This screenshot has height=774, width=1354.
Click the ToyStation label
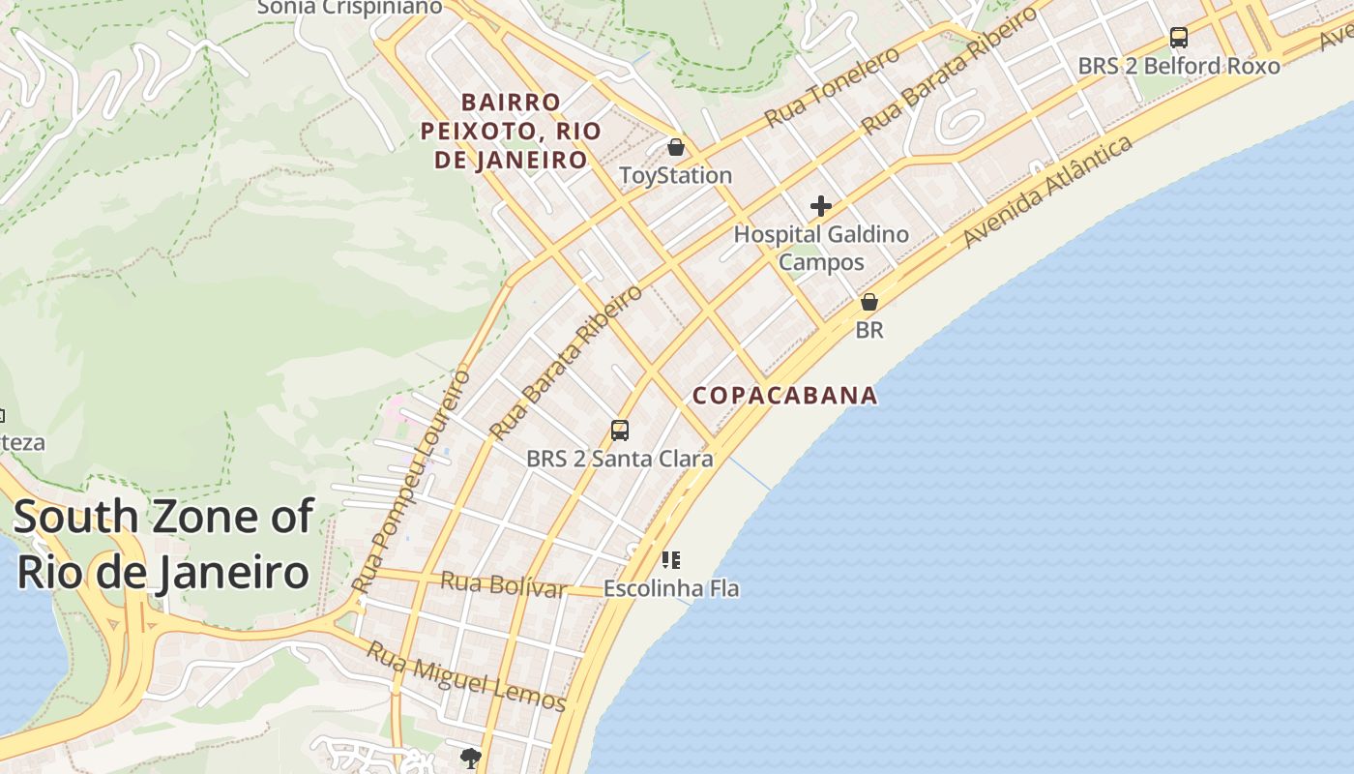675,175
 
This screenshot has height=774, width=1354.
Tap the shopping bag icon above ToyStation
676,147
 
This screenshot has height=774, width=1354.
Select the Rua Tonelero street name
832,87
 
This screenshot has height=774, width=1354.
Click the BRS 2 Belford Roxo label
1179,66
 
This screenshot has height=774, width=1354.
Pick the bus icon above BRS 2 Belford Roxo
1179,38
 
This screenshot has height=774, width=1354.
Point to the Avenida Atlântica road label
1048,191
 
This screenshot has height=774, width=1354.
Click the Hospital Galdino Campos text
821,248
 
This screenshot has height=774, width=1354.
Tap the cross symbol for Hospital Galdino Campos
821,206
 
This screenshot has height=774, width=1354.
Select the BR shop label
869,330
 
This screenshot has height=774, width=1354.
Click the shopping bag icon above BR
869,302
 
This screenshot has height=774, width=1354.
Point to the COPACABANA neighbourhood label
785,395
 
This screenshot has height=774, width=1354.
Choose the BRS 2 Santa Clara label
620,459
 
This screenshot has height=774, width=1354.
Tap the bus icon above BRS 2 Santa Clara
620,431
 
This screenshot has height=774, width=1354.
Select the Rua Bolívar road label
503,584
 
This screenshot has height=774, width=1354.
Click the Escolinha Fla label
671,588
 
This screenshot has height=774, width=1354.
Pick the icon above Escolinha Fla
671,559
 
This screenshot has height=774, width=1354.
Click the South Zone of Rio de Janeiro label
162,545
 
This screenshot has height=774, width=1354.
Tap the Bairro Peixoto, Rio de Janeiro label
511,131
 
